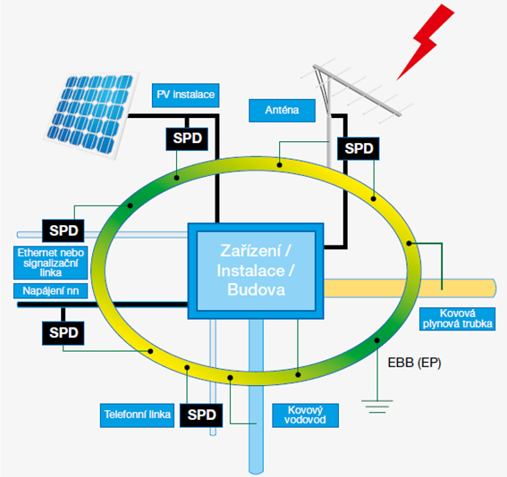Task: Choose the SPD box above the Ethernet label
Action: coord(63,230)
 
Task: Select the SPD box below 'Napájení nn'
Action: coord(63,331)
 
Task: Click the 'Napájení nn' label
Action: coord(50,291)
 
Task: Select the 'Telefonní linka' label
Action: coord(135,414)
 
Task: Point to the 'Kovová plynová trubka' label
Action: coord(456,317)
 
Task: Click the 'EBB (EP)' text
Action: coord(417,364)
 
